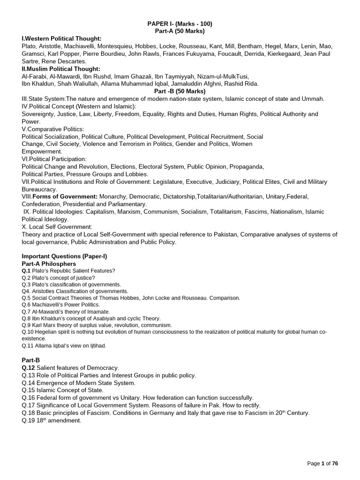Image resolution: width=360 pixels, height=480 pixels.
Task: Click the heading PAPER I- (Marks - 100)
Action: click(x=180, y=23)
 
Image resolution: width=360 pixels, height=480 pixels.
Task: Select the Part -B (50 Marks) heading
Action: click(x=180, y=91)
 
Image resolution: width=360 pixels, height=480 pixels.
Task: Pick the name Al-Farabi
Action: click(x=33, y=76)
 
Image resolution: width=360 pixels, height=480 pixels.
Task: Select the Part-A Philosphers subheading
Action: click(x=49, y=264)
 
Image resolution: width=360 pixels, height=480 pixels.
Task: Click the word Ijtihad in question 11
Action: click(x=97, y=345)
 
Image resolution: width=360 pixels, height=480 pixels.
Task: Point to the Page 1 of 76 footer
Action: click(x=322, y=463)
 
